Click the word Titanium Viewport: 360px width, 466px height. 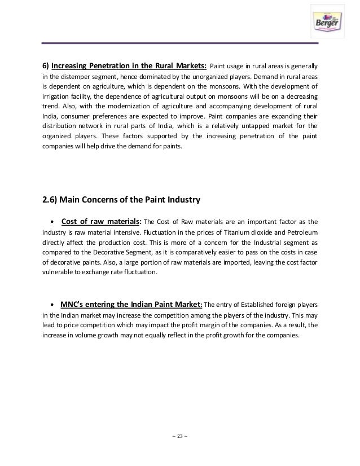[x=249, y=232]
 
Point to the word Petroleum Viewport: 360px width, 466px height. [x=301, y=232]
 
